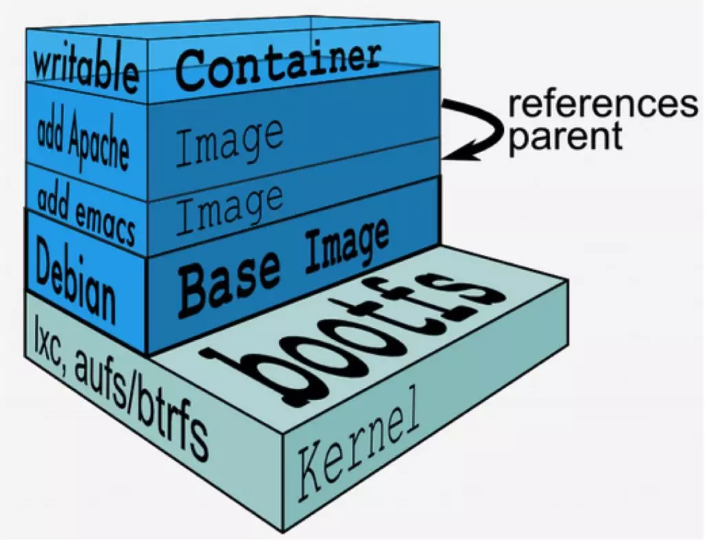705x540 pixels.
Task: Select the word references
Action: coord(602,105)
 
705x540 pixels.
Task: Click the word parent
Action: coord(565,136)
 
